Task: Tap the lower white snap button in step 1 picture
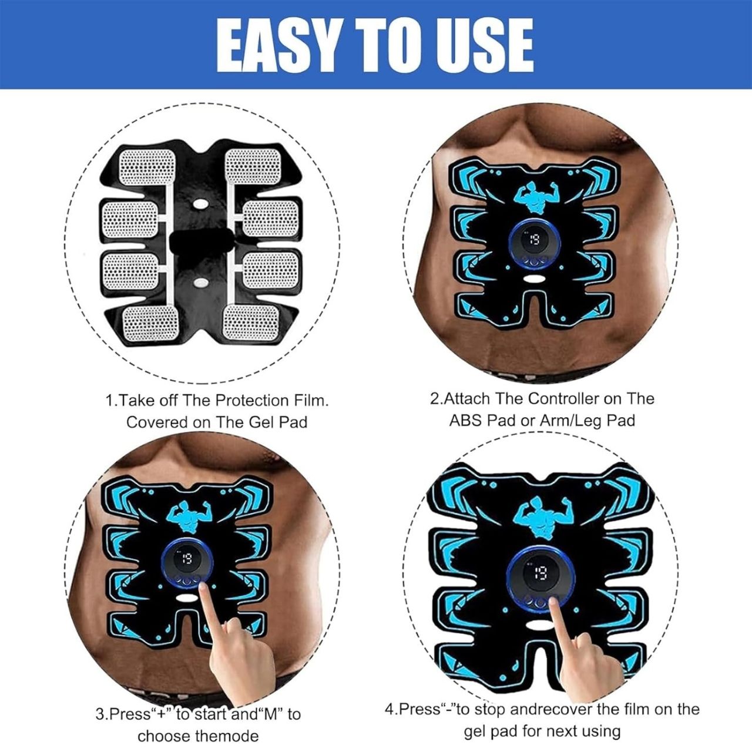click(200, 283)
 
